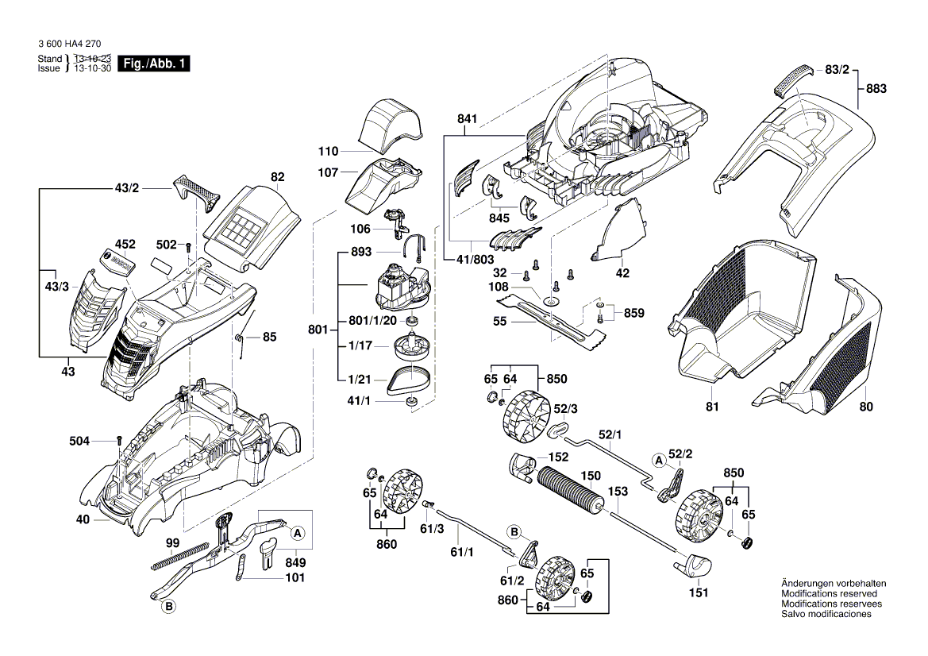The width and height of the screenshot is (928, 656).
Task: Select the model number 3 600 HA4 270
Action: pos(68,44)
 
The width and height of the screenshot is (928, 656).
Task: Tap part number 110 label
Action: pos(328,151)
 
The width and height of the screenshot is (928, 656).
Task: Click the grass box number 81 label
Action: pos(712,407)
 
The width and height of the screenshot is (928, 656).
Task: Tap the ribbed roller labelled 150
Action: pos(568,491)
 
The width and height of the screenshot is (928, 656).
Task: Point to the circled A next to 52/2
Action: pos(659,460)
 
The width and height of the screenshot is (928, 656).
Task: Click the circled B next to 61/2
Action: pos(514,531)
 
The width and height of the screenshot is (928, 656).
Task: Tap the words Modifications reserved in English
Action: pos(829,593)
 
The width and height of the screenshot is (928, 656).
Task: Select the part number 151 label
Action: pos(699,592)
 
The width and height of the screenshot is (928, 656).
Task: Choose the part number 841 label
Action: pos(468,119)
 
